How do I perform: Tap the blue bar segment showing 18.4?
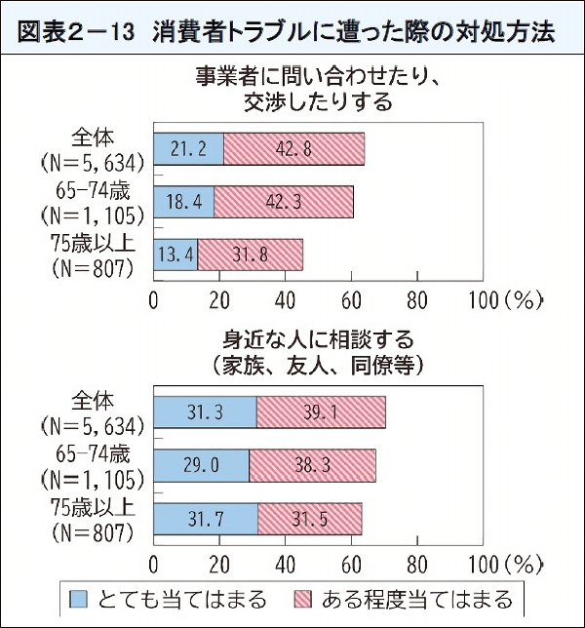184,203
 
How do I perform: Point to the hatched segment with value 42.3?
283,203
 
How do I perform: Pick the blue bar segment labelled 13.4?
176,255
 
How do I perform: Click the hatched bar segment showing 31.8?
251,255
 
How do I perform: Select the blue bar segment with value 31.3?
206,413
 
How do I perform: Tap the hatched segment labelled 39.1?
321,413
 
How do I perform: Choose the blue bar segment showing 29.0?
202,466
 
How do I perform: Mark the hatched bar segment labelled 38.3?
312,466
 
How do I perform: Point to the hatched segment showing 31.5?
309,518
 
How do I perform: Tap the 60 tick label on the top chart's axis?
352,298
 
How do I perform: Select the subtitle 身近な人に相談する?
319,340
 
